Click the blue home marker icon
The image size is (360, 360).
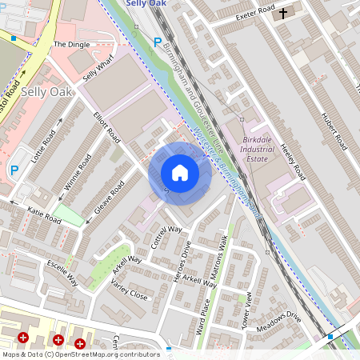tap(180, 172)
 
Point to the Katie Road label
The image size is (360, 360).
tap(44, 215)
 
